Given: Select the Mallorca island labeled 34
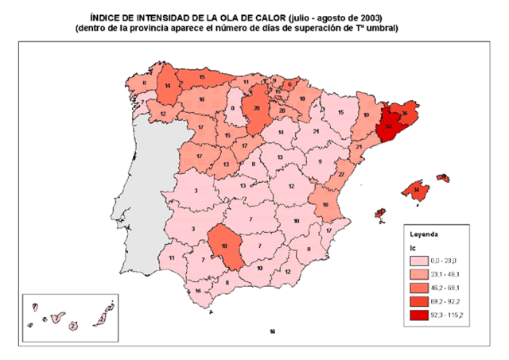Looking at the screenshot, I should pyautogui.click(x=416, y=191).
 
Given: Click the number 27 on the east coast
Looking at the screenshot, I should pyautogui.click(x=340, y=174).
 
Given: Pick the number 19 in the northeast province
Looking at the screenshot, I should pyautogui.click(x=367, y=115).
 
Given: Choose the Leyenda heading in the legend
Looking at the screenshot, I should pyautogui.click(x=424, y=235).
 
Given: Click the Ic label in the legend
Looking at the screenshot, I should pyautogui.click(x=413, y=248).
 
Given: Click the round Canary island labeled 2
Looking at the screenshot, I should pyautogui.click(x=72, y=324).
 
